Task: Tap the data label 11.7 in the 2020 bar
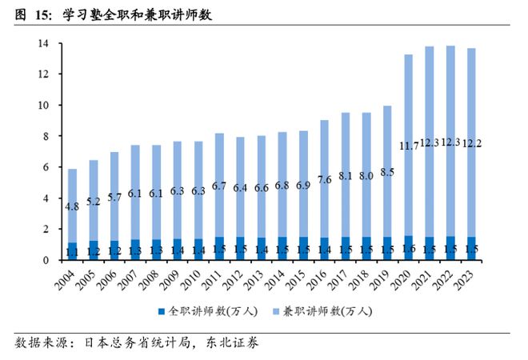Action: pos(408,145)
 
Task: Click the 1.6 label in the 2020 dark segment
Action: pos(408,250)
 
